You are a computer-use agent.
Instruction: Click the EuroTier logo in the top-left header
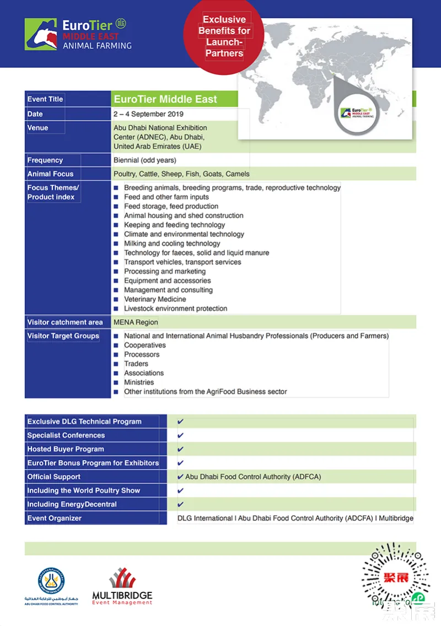click(x=78, y=34)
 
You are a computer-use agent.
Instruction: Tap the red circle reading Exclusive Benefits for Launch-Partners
click(x=224, y=36)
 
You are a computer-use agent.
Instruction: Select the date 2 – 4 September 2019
click(x=148, y=114)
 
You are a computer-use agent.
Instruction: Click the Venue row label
click(x=38, y=128)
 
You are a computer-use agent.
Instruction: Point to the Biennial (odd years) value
click(x=145, y=160)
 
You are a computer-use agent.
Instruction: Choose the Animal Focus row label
click(x=51, y=174)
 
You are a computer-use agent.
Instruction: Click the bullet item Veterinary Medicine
click(x=155, y=299)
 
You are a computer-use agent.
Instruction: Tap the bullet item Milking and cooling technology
click(x=172, y=244)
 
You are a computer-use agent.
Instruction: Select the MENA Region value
click(x=136, y=322)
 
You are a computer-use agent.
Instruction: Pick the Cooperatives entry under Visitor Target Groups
click(x=145, y=346)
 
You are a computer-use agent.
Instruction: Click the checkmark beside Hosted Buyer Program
click(x=181, y=449)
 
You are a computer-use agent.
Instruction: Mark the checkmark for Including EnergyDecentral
click(x=181, y=504)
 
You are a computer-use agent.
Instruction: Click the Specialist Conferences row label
click(x=66, y=435)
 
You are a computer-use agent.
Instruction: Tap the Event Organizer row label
click(x=55, y=518)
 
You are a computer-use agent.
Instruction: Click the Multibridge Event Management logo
click(x=122, y=587)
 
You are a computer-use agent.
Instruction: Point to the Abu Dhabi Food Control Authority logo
click(x=51, y=585)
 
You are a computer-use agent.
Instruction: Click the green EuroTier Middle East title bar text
click(x=165, y=100)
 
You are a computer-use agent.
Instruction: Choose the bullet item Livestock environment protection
click(x=175, y=309)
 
